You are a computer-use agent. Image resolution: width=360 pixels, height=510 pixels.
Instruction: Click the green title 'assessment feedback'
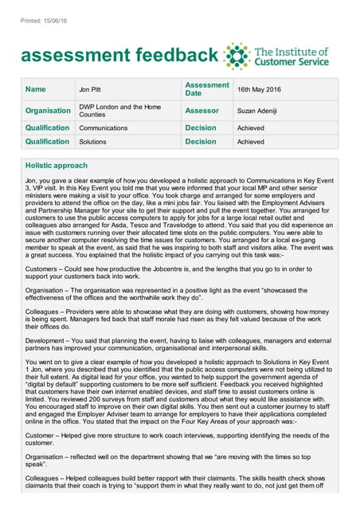click(119, 55)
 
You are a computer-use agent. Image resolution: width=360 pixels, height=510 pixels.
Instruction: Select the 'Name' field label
click(35, 89)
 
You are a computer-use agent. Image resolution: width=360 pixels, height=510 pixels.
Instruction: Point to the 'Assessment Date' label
click(206, 88)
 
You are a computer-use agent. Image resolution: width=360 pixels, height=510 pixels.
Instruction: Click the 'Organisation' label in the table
click(48, 111)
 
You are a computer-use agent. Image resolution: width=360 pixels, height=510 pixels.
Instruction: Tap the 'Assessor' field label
click(202, 111)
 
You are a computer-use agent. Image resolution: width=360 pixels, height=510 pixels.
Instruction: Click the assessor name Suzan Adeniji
click(260, 111)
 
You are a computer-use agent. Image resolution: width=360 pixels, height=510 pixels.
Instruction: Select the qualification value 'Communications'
click(103, 127)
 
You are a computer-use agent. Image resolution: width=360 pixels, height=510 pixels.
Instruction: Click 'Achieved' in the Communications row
click(250, 127)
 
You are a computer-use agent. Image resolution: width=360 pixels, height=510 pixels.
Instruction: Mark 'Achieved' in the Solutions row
click(250, 142)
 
